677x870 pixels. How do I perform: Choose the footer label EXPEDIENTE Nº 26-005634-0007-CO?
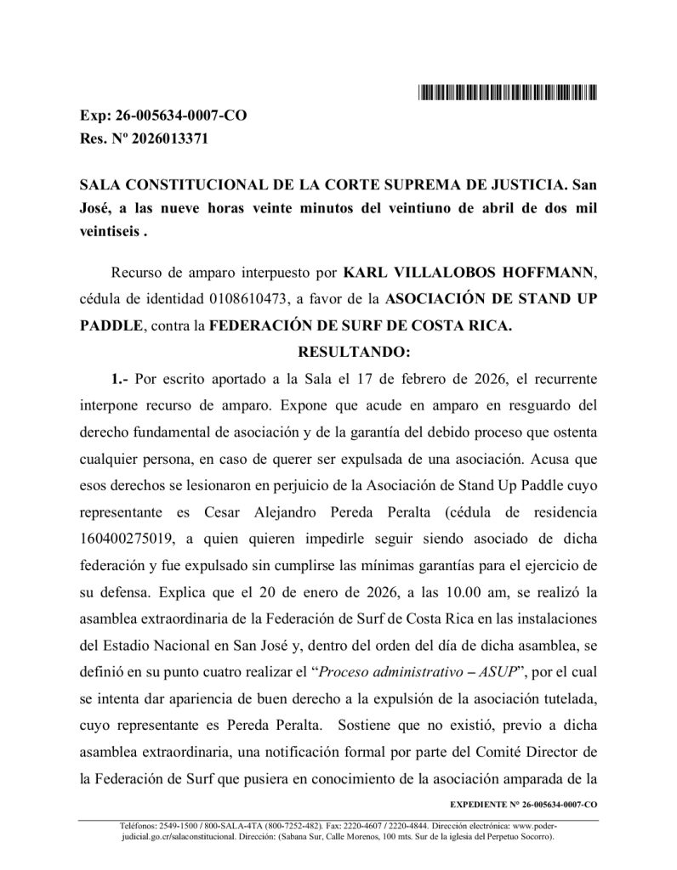(x=521, y=803)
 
